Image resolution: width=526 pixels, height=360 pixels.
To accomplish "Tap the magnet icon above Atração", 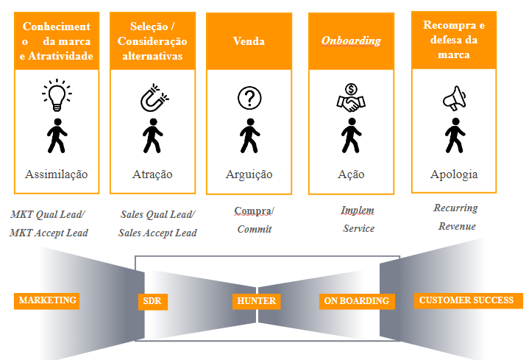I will [x=152, y=97].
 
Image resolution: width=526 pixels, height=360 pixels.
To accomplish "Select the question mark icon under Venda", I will [x=249, y=98].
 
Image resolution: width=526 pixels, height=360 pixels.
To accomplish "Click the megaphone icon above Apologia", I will [x=455, y=97].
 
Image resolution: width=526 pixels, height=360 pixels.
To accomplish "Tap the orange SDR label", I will [x=153, y=301].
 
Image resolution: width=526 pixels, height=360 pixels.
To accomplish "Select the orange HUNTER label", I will [x=256, y=301].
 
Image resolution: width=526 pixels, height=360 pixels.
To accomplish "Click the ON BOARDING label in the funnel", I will [x=358, y=301].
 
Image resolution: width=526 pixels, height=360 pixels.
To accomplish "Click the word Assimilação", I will [x=57, y=174].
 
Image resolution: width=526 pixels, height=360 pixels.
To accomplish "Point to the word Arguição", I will [x=249, y=174].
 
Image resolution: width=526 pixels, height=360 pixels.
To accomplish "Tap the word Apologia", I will [x=454, y=174].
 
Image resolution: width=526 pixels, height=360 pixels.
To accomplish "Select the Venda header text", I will [x=249, y=41].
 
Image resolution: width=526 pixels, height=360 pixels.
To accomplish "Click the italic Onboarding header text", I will [x=351, y=40].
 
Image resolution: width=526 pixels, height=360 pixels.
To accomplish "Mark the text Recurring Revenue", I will [x=456, y=217].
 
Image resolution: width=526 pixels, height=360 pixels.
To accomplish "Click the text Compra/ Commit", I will [x=254, y=220].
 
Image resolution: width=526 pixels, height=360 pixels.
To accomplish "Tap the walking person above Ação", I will [x=350, y=135].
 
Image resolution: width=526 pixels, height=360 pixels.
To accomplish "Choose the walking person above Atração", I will [x=152, y=135].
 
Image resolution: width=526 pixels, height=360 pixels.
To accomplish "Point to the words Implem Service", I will [x=358, y=219].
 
